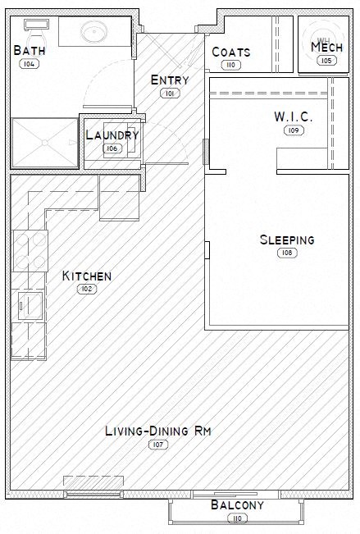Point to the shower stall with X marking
coord(43,144)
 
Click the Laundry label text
coord(112,135)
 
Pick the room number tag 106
coord(112,148)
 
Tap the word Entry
coord(170,80)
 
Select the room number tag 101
coord(171,94)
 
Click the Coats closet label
coord(230,52)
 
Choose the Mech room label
coord(326,48)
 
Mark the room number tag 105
coord(326,60)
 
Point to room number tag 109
coord(293,130)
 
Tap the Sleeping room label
coord(287,240)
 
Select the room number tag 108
coord(287,253)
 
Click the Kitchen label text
coord(87,276)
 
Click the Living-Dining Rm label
coord(157,431)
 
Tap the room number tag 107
coord(157,444)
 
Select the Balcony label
coord(238,505)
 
